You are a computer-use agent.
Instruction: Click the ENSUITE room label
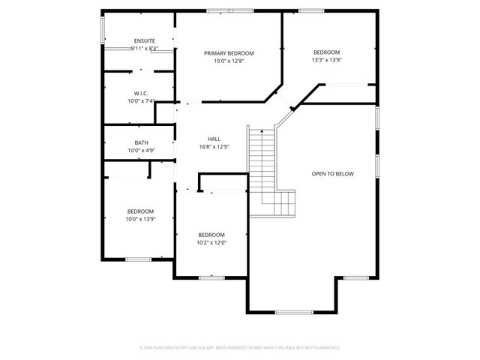pos(144,40)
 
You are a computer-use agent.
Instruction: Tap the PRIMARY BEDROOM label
pos(229,53)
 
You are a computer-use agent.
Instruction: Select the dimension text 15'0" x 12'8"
pos(229,61)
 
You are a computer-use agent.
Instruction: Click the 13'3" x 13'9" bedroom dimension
pos(326,60)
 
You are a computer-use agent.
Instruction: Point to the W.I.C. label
pos(141,94)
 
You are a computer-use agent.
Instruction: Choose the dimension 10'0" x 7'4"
pos(141,101)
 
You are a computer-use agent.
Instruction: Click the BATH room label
pos(141,142)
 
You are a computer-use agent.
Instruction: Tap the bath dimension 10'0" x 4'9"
pos(141,151)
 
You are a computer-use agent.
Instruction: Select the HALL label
pos(214,139)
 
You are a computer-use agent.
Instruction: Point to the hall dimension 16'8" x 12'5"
pos(214,147)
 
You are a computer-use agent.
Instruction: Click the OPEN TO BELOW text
pos(332,174)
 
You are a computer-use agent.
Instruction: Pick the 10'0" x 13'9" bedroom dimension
pos(140,219)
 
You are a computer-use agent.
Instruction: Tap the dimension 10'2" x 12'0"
pos(211,242)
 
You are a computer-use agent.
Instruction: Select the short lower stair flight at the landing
pos(284,202)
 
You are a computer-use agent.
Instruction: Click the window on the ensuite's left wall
pos(103,30)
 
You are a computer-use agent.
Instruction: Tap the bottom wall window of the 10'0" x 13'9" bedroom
pos(138,259)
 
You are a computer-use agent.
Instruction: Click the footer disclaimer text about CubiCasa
pos(240,348)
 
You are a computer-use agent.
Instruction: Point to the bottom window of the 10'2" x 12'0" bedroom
pos(211,278)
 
